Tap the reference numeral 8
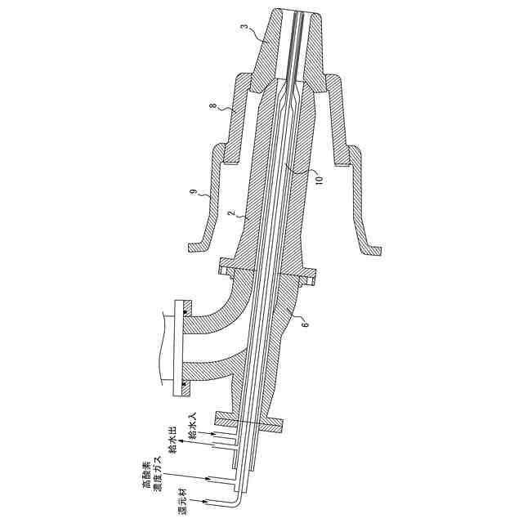212,106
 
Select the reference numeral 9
192,192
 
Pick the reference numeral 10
320,180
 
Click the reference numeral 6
306,324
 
